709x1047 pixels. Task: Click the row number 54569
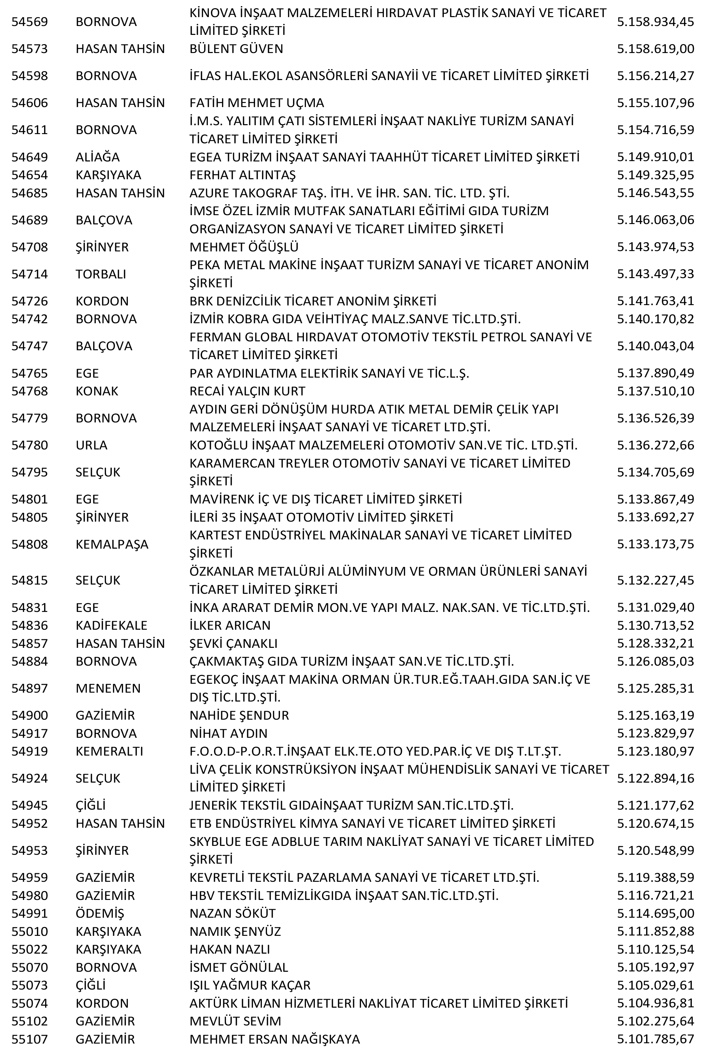coord(29,22)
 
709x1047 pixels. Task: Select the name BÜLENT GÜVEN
coord(236,49)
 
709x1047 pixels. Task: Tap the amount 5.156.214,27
coord(655,76)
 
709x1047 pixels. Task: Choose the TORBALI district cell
coord(101,274)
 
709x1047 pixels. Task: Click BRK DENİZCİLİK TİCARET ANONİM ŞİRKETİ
coord(312,301)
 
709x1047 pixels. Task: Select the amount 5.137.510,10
coord(655,391)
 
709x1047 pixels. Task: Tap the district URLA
coord(91,445)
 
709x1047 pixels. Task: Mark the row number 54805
coord(29,517)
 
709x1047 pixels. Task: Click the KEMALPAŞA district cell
coord(112,544)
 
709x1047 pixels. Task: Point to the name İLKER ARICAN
coord(230,625)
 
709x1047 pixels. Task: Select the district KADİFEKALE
coord(111,625)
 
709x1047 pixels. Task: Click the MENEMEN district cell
coord(108,689)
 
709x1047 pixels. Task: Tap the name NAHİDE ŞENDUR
coord(239,716)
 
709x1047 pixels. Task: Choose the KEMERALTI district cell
coord(109,751)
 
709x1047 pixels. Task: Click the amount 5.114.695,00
coord(655,913)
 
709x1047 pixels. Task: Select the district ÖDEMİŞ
coord(99,913)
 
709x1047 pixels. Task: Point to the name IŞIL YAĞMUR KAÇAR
coord(250,985)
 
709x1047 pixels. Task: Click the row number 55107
coord(29,1039)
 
